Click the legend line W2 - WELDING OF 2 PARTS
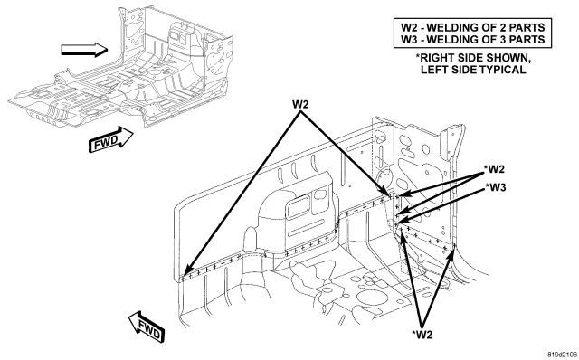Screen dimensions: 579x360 472,27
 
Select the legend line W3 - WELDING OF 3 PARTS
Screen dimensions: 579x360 472,39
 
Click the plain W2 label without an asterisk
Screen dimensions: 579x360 300,105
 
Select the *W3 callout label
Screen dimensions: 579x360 496,187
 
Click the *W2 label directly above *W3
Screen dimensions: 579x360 494,169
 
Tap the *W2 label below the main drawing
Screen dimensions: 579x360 422,335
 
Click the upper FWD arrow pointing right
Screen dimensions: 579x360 110,139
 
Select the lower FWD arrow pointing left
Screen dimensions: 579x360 147,327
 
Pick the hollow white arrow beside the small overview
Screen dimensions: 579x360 84,50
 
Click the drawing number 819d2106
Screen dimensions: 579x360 562,354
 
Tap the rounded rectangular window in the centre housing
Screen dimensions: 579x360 299,207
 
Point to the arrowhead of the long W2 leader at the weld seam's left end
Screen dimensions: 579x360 186,272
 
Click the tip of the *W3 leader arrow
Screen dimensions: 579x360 397,223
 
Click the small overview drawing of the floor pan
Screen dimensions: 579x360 120,69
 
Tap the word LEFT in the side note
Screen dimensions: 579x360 433,70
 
